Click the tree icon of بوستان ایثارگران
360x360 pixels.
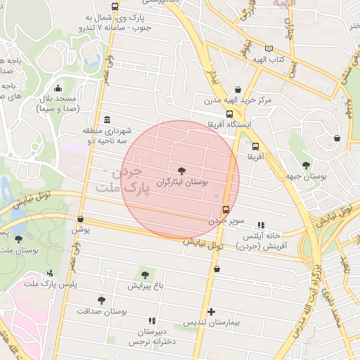(183, 171)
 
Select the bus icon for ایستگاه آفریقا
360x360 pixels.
(229, 114)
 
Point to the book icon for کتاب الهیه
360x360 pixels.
(269, 49)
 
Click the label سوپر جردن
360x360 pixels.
(226, 220)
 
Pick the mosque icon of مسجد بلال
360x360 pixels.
(58, 89)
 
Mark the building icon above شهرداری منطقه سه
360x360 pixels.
(106, 120)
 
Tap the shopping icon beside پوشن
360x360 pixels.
(81, 219)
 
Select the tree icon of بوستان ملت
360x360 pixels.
(18, 239)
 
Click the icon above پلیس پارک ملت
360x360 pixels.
(50, 273)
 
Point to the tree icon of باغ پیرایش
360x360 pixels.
(146, 274)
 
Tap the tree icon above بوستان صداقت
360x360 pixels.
(102, 300)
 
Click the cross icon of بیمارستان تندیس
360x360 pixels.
(211, 311)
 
